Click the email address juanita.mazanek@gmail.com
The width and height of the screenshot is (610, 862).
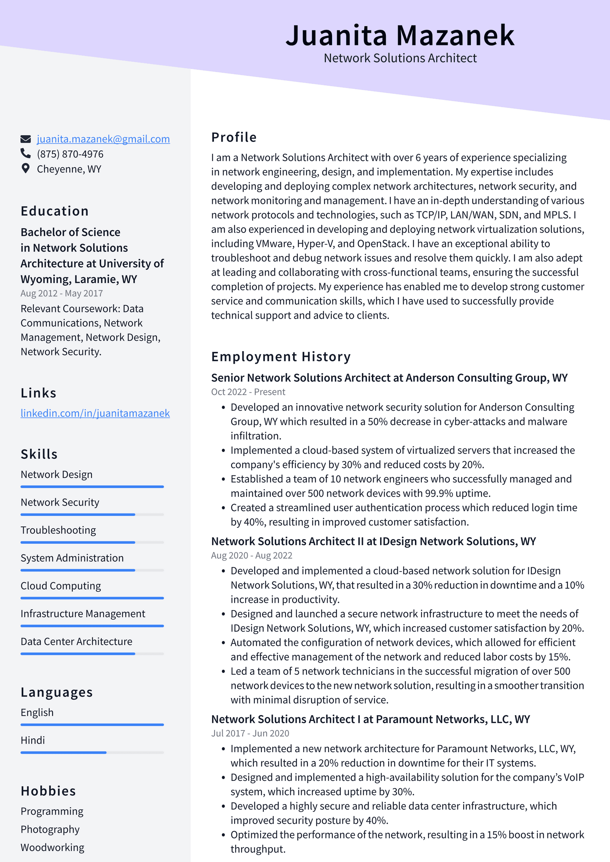103,139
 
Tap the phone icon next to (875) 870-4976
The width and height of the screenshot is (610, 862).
26,154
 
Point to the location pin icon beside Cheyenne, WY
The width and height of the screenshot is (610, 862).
26,169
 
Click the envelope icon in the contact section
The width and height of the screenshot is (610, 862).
26,139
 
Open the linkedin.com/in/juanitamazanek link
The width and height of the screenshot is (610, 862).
95,413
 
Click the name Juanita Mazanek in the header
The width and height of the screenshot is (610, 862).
400,35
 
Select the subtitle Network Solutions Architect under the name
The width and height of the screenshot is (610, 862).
400,58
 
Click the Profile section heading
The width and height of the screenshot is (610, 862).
234,137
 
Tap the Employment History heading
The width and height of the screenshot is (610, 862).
281,357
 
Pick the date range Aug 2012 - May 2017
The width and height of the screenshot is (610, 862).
62,294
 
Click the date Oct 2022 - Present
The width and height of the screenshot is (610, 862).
248,392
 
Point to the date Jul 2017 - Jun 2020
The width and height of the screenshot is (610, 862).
250,734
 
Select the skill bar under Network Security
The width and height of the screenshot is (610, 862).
92,515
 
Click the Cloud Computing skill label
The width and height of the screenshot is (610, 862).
61,586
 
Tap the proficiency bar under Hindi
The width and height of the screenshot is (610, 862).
92,753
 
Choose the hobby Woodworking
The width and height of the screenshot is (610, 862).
52,848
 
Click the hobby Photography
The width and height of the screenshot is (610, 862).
50,830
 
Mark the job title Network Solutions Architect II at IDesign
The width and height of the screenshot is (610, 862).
373,541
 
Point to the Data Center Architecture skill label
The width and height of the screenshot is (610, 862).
76,642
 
